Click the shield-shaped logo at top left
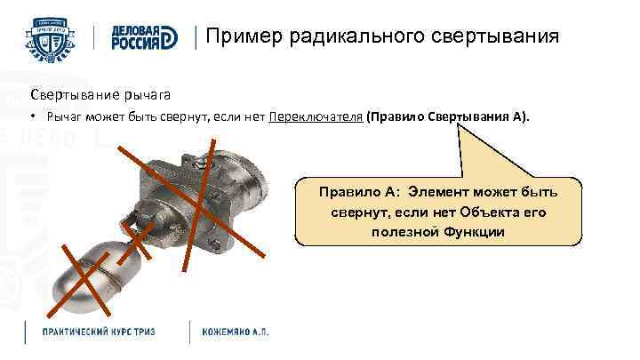(52, 36)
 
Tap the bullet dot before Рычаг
(33, 118)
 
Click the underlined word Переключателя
(316, 118)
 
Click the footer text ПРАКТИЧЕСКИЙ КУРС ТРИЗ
(100, 332)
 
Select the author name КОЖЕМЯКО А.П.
(236, 332)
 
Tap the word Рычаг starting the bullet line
(64, 118)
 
